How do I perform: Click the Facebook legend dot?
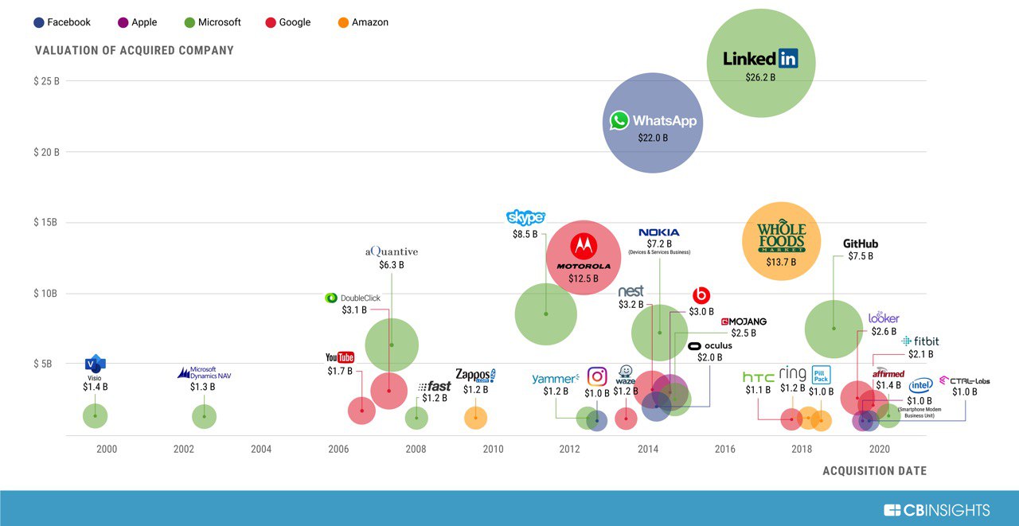click(x=39, y=22)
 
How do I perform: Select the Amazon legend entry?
click(x=363, y=22)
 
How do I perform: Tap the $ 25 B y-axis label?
click(x=46, y=81)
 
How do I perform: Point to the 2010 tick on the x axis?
click(x=493, y=450)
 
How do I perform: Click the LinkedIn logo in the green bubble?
click(x=760, y=59)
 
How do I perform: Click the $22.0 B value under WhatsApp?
click(x=653, y=138)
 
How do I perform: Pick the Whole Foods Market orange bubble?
click(x=781, y=240)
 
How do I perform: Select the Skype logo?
click(x=525, y=217)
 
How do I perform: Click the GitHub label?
click(x=860, y=244)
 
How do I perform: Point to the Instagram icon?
click(x=597, y=376)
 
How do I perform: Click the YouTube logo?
click(x=340, y=357)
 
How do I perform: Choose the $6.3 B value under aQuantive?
click(x=391, y=265)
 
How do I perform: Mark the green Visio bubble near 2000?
click(x=95, y=415)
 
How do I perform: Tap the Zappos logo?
click(x=475, y=375)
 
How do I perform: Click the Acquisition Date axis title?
click(x=874, y=471)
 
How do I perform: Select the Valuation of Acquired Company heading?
click(x=135, y=51)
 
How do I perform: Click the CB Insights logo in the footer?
click(x=936, y=510)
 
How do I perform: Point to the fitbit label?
click(x=920, y=341)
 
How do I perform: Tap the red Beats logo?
click(x=701, y=295)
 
